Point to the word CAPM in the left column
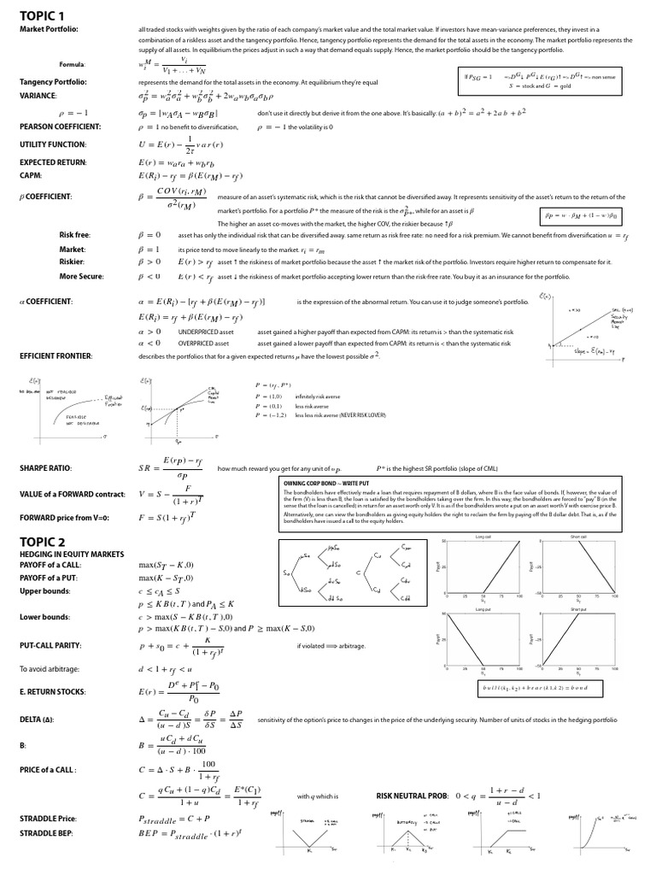(x=31, y=175)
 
